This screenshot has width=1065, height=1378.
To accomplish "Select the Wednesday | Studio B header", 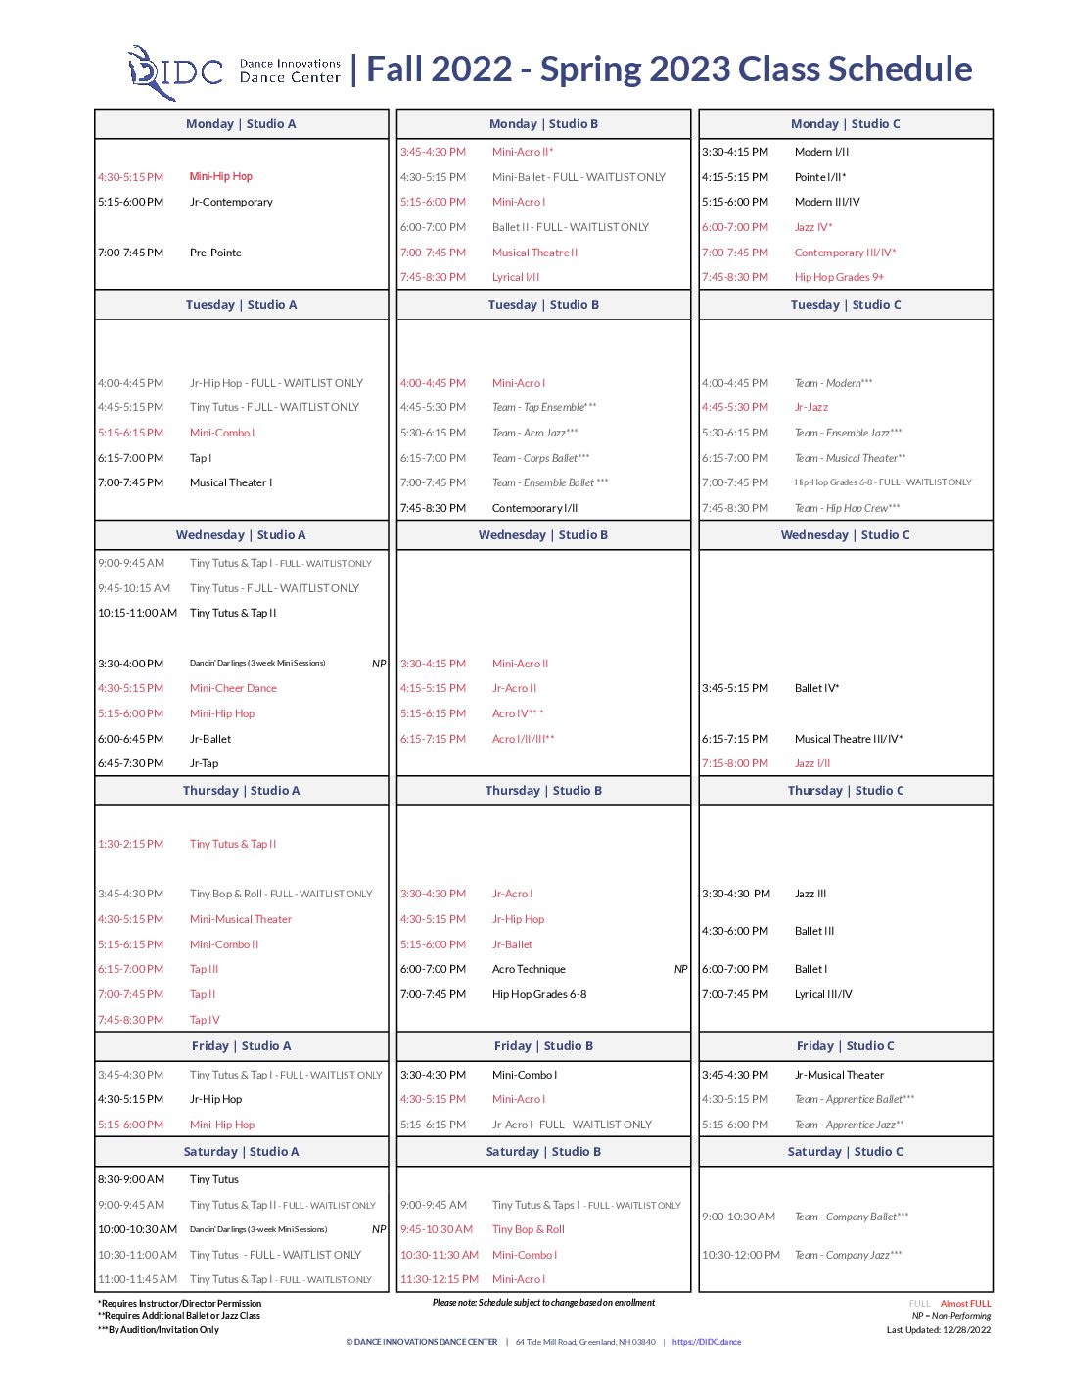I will tap(543, 535).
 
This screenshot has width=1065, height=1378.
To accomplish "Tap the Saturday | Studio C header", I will tap(845, 1152).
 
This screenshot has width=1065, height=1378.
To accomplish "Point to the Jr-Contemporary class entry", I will tap(231, 203).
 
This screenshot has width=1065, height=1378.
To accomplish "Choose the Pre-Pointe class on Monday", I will tap(215, 253).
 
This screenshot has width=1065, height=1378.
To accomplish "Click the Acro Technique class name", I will tap(529, 970).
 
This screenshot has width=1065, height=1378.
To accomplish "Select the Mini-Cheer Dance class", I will tap(233, 689).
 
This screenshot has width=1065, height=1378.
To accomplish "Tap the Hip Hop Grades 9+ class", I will tap(839, 278).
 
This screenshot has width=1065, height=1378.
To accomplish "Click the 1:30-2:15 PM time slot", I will tap(130, 844).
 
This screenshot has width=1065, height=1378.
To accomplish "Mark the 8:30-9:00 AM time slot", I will tap(131, 1180).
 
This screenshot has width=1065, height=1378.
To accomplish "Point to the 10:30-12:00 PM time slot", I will tap(741, 1255).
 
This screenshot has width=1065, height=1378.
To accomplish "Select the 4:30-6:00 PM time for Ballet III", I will tap(735, 932).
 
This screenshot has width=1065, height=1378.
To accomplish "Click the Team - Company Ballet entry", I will tap(851, 1217).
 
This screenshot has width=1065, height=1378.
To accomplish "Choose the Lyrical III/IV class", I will tap(823, 995).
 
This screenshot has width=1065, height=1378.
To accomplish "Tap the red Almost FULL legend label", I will tap(965, 1304).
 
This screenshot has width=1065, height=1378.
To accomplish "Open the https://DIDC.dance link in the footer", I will tap(706, 1342).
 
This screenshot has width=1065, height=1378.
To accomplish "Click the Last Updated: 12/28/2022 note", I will tap(938, 1330).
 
